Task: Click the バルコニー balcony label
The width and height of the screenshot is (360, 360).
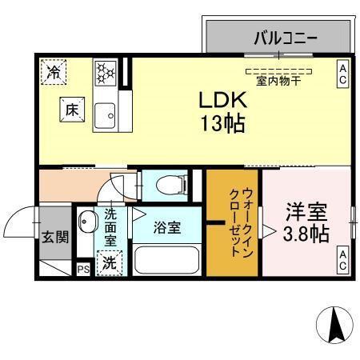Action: (x=286, y=38)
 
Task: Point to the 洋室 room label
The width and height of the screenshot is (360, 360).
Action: (x=306, y=213)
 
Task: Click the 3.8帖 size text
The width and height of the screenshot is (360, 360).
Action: (x=308, y=234)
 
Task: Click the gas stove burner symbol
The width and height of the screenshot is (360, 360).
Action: (x=105, y=74)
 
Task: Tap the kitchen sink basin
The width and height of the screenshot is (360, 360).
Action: (x=105, y=118)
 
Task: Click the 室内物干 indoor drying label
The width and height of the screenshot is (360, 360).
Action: (x=278, y=81)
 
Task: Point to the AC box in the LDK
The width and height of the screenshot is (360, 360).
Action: (x=342, y=74)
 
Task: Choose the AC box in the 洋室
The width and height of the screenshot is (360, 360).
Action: (x=342, y=261)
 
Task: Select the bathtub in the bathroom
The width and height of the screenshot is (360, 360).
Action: (x=167, y=261)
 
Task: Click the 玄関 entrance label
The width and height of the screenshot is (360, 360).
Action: (x=55, y=237)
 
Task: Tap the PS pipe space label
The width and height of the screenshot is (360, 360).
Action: (x=83, y=270)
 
